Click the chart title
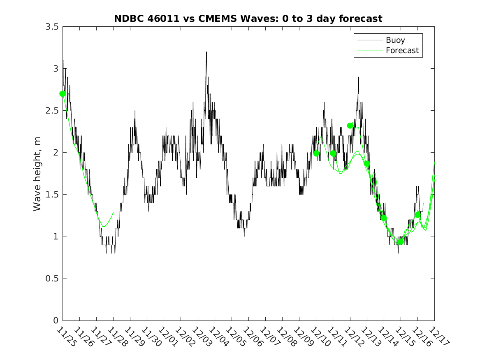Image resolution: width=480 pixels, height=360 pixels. click(248, 19)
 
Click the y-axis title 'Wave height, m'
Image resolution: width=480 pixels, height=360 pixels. click(37, 174)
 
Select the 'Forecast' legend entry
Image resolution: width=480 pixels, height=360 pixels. click(402, 51)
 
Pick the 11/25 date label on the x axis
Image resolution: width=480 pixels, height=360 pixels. click(66, 337)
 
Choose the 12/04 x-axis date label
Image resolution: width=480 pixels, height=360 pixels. click(218, 337)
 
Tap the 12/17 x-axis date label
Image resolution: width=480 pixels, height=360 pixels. click(438, 337)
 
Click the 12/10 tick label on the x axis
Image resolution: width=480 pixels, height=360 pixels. click(320, 337)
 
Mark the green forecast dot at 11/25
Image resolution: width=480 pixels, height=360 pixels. click(63, 94)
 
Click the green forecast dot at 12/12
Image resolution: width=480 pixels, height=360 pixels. click(350, 125)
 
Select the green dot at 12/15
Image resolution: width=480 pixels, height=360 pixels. click(400, 242)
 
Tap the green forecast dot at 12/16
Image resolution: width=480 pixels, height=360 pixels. click(417, 215)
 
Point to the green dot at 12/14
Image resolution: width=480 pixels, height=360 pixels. click(384, 218)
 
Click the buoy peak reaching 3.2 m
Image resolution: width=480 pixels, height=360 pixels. click(206, 52)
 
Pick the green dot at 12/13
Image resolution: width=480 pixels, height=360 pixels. click(367, 164)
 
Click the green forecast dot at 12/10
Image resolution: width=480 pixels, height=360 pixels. click(316, 153)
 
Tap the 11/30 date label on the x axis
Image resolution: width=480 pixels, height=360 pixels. click(151, 337)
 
